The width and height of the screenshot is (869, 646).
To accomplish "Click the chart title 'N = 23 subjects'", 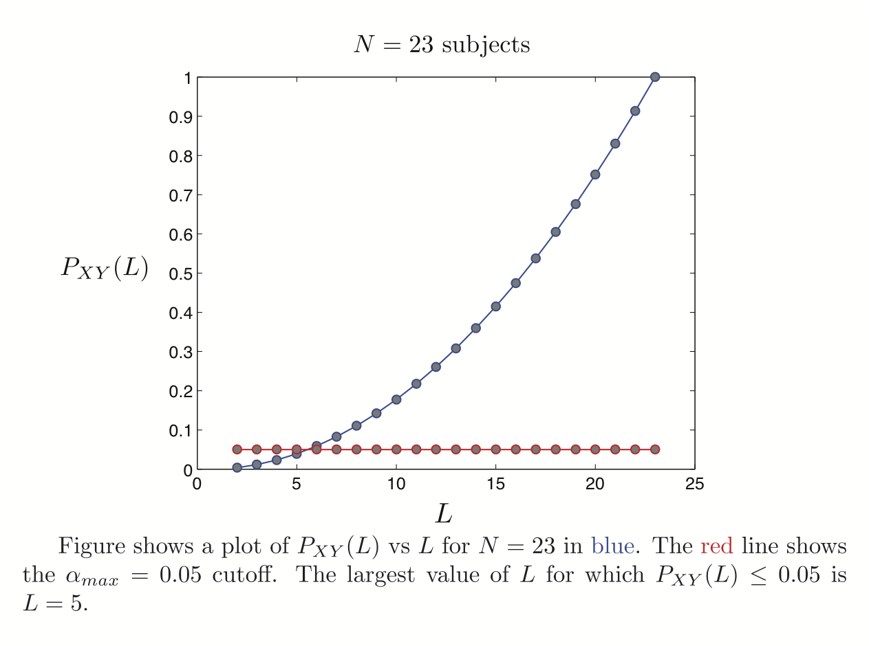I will tap(442, 45).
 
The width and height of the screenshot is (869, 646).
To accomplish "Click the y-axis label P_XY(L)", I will tap(105, 267).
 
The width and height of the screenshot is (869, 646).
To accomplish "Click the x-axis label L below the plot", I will tap(444, 513).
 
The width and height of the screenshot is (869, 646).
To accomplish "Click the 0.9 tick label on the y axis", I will tap(180, 117).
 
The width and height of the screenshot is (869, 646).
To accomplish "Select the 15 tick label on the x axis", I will tap(495, 484).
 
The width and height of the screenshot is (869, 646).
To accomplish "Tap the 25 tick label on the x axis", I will tap(694, 484).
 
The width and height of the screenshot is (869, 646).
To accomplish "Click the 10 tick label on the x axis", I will tap(396, 484).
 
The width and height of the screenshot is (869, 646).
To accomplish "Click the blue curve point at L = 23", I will tap(655, 77).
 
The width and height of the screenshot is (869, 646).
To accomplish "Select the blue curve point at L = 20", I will tap(595, 175).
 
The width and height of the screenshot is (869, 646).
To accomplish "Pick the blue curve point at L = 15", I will tap(495, 307).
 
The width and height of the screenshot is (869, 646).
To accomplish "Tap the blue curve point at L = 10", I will tap(396, 399).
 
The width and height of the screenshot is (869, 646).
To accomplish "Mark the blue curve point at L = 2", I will tap(237, 467).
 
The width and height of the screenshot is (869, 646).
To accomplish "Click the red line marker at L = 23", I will tap(655, 449).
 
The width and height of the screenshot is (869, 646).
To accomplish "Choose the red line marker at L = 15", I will tap(495, 449).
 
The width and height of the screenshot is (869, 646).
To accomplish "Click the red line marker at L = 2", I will tap(237, 449).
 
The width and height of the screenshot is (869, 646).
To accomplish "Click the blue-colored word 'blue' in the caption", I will tap(615, 546).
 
